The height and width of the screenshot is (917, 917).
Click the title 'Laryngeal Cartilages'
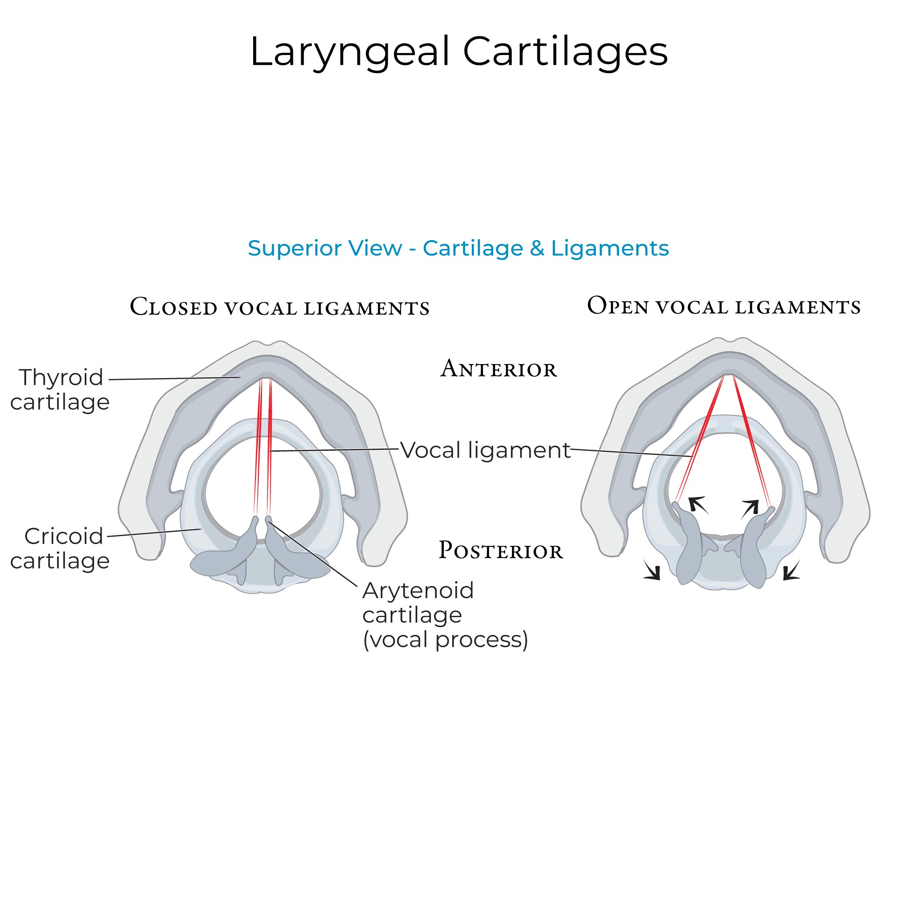[x=459, y=51]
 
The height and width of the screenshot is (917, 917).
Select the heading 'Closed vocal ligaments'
[x=280, y=307]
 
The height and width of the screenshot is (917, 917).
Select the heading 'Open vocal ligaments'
[x=724, y=306]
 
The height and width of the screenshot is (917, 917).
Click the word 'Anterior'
[x=498, y=369]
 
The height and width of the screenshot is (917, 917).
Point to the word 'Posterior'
[x=500, y=551]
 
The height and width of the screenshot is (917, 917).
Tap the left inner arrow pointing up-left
[x=698, y=504]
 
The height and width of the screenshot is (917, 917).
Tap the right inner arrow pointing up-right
[x=751, y=508]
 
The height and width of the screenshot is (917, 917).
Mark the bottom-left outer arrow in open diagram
[x=653, y=570]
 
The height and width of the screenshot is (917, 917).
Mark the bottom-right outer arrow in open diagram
[x=791, y=571]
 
